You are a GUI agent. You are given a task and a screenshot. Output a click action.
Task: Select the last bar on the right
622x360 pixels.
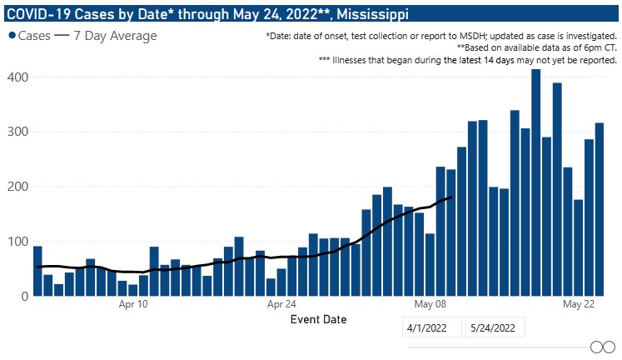(x=600, y=209)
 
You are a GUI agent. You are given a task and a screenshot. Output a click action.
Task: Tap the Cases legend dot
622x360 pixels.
(x=12, y=36)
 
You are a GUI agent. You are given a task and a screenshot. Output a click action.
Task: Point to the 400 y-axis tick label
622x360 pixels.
(x=18, y=77)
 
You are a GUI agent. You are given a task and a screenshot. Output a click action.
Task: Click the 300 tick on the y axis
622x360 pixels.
(x=18, y=132)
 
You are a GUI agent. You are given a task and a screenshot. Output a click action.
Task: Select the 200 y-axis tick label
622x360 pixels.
(x=18, y=187)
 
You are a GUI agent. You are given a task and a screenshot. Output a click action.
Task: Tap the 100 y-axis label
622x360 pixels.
(x=18, y=242)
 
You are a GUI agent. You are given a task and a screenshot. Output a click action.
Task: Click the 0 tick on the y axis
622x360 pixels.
(x=24, y=296)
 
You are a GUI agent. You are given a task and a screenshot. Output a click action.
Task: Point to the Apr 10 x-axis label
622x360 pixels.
(x=133, y=306)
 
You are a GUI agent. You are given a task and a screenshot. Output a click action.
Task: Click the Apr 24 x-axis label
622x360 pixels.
(x=281, y=306)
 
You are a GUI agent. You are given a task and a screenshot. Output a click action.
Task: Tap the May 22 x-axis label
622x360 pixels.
(x=578, y=306)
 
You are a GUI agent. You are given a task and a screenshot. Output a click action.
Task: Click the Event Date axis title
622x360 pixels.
(x=317, y=319)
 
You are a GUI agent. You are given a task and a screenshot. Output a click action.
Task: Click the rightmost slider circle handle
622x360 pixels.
(x=609, y=347)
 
